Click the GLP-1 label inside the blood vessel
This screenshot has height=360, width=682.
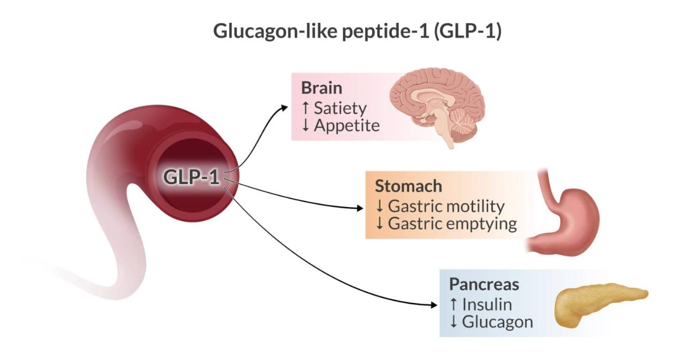[191, 177]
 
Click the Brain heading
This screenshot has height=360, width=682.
[321, 88]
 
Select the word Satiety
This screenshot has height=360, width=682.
[340, 108]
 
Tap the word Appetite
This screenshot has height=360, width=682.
[347, 126]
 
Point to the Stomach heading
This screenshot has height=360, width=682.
[408, 186]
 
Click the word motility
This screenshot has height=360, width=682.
[477, 206]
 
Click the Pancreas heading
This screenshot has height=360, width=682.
[484, 284]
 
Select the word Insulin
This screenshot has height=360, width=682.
[487, 304]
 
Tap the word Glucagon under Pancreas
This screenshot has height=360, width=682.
[498, 322]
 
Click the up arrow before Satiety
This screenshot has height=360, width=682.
[306, 108]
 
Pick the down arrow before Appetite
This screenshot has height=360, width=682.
[306, 126]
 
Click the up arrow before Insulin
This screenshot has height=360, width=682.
[454, 304]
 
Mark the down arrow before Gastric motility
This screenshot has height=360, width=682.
[379, 206]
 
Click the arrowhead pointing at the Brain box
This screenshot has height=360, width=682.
[284, 108]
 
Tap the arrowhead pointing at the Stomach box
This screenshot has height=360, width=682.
[360, 208]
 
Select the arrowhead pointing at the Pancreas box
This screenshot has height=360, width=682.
[434, 304]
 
